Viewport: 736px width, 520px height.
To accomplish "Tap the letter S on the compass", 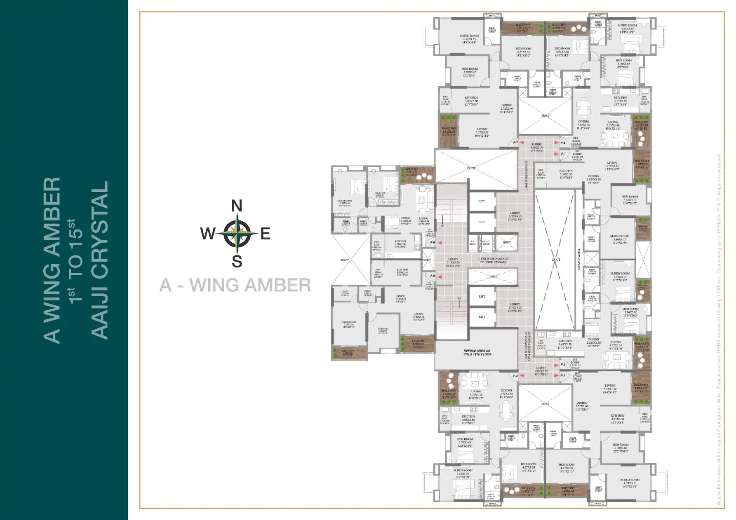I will [237, 261].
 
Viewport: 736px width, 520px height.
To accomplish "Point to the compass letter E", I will [265, 234].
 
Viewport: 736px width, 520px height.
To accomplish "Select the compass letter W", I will [208, 234].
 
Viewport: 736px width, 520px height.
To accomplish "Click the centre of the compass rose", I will [237, 234].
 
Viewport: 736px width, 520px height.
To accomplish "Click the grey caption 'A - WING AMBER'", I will [235, 285].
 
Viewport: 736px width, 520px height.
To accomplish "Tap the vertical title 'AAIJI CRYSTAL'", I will [99, 260].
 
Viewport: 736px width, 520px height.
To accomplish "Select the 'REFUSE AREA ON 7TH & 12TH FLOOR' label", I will [477, 353].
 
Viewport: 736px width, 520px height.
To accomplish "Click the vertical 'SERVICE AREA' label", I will [579, 259].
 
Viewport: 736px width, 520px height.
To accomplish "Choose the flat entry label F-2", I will [563, 365].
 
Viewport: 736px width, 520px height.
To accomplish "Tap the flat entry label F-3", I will [563, 375].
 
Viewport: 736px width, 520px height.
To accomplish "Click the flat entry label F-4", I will [515, 376].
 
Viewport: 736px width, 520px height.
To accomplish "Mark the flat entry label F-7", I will [515, 143].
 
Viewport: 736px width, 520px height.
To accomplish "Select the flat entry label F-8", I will [563, 143].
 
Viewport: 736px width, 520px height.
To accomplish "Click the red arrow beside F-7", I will [522, 143].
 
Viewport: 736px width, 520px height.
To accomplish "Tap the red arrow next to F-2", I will [556, 365].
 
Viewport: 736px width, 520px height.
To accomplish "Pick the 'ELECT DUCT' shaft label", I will [486, 243].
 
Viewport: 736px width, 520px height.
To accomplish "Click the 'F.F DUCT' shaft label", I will [473, 243].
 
